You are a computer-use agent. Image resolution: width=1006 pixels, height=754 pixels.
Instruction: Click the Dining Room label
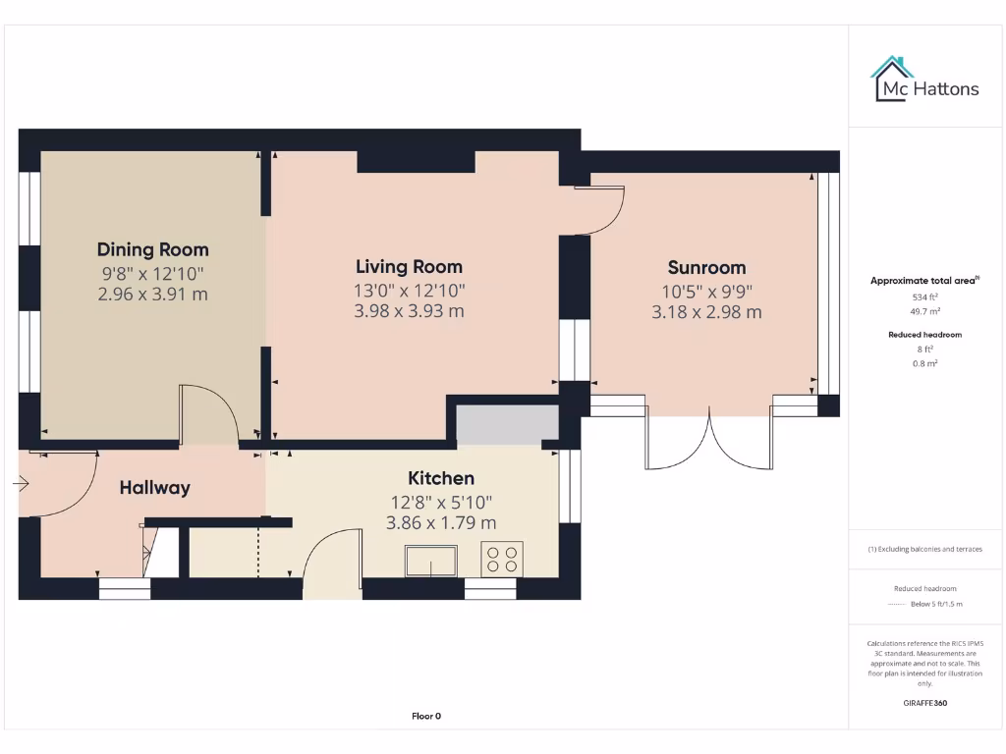click(152, 249)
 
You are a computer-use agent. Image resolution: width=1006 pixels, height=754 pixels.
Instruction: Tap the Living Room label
click(409, 266)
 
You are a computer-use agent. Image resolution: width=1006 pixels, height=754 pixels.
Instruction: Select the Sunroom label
click(706, 267)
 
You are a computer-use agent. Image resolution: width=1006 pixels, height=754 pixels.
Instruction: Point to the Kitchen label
click(441, 478)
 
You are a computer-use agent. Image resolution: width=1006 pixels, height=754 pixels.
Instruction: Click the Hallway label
click(154, 487)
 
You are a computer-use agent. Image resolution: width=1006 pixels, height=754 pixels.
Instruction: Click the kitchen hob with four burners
click(502, 559)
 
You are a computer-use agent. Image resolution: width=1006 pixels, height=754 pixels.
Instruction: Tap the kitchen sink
click(431, 561)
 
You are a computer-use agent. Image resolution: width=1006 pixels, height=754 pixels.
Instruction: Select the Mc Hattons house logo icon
click(892, 79)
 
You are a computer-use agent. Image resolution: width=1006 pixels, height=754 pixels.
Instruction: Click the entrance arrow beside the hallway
click(21, 483)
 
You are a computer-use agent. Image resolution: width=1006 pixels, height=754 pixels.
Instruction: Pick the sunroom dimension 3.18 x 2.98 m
click(706, 312)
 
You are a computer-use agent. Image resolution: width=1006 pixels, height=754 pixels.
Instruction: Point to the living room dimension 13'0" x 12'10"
click(409, 290)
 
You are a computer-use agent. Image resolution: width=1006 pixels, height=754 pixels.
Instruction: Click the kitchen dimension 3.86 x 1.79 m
click(441, 522)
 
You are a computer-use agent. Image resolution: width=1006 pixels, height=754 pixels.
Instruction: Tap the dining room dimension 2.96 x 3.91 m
click(152, 294)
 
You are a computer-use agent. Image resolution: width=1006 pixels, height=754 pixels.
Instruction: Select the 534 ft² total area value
click(924, 296)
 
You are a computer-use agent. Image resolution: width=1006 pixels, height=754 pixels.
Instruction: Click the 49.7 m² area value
click(924, 310)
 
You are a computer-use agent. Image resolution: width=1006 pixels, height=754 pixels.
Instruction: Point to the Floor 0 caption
click(426, 716)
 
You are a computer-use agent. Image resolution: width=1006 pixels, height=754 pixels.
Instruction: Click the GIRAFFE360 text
click(924, 703)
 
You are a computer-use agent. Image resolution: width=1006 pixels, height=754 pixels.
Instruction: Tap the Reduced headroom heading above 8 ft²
click(924, 335)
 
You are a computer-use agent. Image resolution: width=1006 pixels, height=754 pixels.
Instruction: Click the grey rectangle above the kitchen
click(507, 423)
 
